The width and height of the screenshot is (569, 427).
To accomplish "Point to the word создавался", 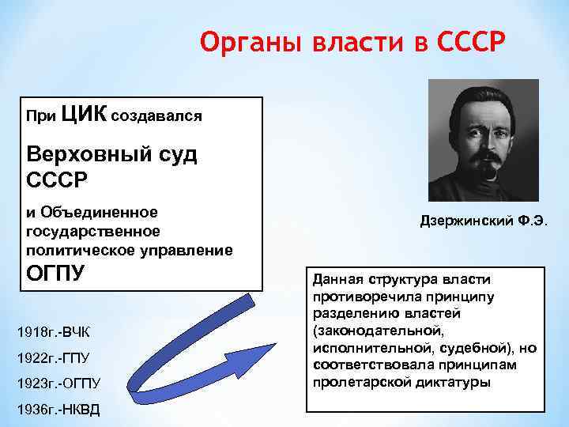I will (157, 116).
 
